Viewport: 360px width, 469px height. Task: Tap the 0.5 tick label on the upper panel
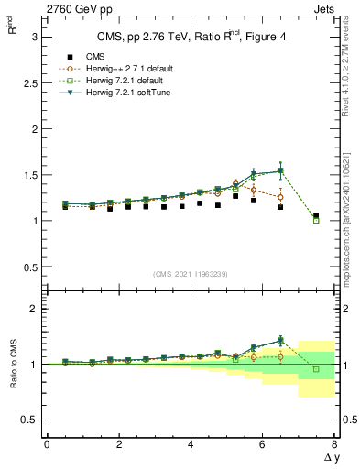tap(27, 267)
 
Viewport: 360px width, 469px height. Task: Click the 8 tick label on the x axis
tap(334, 444)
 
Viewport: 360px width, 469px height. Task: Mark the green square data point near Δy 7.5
tap(316, 220)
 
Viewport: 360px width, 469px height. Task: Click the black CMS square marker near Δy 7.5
tap(316, 215)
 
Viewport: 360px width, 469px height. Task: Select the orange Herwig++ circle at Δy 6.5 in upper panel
tap(280, 197)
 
